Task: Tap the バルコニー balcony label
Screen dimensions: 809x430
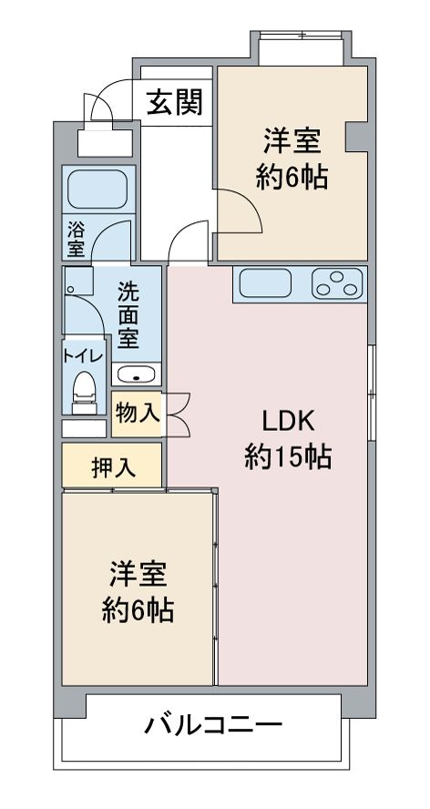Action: click(213, 726)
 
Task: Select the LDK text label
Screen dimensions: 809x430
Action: click(288, 421)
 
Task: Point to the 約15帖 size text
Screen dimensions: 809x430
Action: click(288, 456)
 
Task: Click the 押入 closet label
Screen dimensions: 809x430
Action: click(113, 466)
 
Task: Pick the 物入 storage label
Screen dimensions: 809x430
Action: click(138, 412)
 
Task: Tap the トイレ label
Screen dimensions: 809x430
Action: click(84, 356)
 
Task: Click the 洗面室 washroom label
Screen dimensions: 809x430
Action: click(128, 315)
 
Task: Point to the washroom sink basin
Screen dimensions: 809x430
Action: click(137, 374)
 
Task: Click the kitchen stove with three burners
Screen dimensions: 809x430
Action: click(337, 284)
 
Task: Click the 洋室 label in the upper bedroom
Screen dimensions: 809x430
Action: click(292, 141)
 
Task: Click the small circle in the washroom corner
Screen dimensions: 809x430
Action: click(70, 291)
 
